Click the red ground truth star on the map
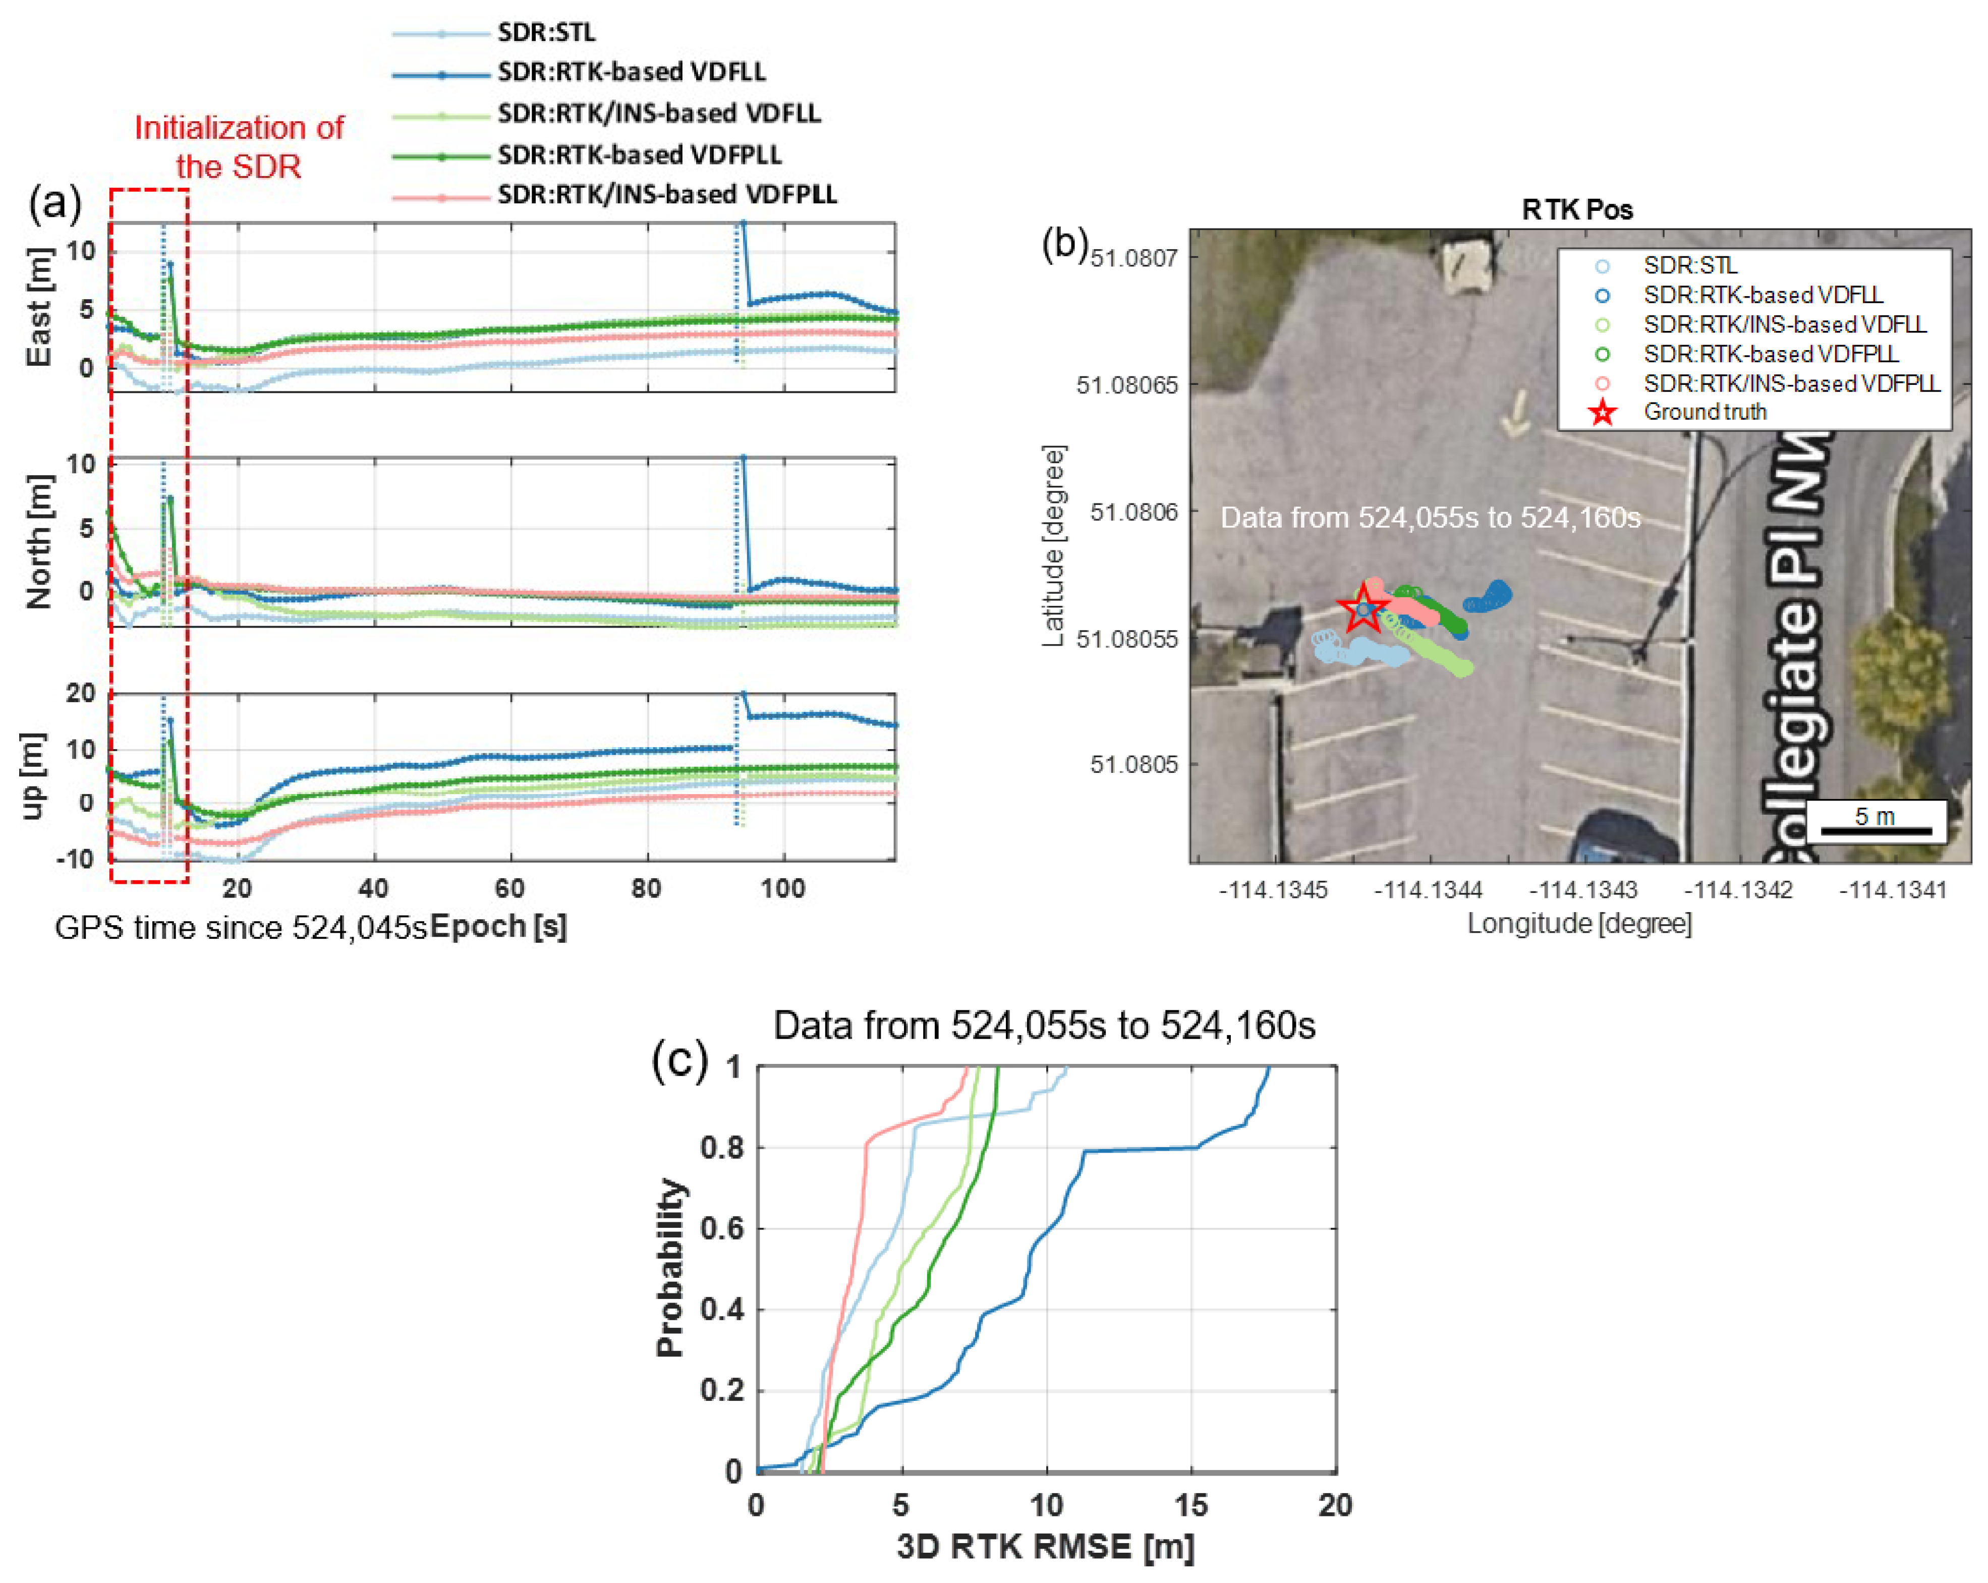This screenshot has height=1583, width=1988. coord(1363,609)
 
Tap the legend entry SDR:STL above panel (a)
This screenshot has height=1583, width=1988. coord(546,32)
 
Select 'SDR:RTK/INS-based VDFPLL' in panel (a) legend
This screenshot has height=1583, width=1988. coord(667,195)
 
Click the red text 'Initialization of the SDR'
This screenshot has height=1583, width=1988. coord(239,147)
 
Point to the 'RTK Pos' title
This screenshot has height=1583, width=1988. coord(1577,210)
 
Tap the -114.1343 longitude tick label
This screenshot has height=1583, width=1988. coord(1582,890)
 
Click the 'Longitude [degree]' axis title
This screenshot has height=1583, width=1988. coord(1578,923)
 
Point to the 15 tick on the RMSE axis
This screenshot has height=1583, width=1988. coord(1190,1505)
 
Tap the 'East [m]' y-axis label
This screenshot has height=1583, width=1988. coord(38,308)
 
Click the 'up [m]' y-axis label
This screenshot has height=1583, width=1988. coord(33,775)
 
